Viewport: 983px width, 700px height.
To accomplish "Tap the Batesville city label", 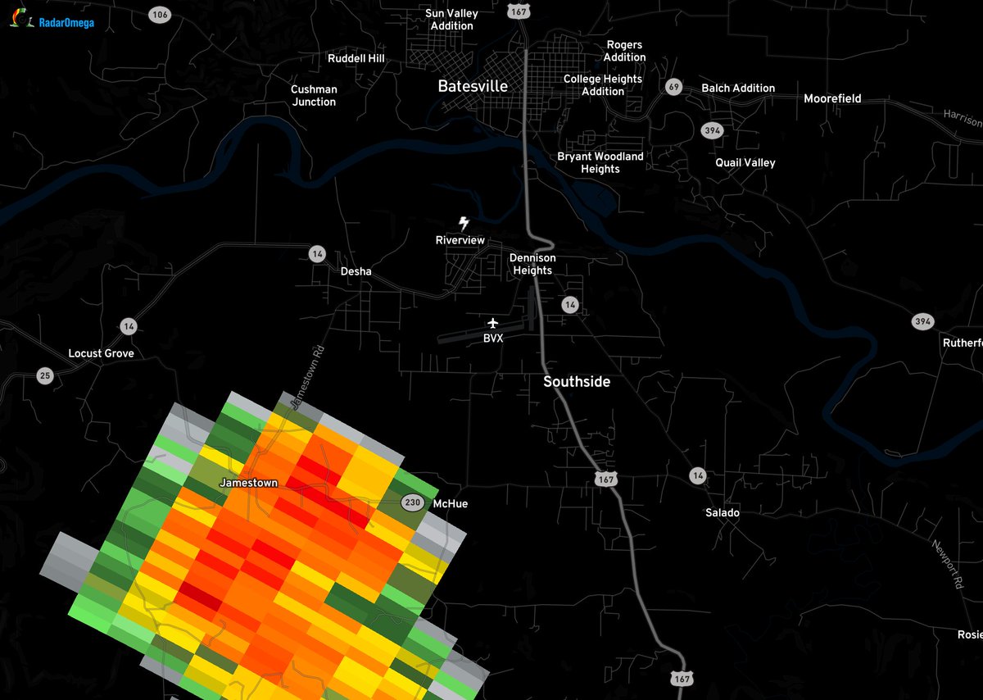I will pos(473,86).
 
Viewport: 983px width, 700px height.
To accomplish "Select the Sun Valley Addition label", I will pos(451,20).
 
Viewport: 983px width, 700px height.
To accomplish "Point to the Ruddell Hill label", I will pos(356,59).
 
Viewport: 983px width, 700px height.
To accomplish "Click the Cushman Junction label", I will pos(314,96).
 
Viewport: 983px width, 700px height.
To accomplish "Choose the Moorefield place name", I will pos(832,98).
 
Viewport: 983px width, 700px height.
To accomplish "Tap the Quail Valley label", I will pos(745,162).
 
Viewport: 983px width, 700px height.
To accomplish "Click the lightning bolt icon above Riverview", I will pos(464,223).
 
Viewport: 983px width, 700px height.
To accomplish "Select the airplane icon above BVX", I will pos(492,323).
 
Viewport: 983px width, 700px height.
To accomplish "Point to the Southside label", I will pos(577,382).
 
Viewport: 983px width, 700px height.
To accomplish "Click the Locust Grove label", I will pos(101,353).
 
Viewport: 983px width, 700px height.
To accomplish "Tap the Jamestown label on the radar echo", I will pos(248,484).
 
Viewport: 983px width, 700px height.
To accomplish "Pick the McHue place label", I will pos(450,503).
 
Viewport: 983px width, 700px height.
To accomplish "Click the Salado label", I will pos(723,513).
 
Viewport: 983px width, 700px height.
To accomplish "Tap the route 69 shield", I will pos(674,87).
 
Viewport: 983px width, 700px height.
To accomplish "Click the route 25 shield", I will pos(45,375).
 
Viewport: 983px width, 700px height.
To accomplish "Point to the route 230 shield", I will pos(412,502).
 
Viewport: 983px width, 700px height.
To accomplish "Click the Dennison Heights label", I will pos(532,264).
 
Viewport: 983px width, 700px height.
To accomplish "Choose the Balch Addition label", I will pos(738,88).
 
